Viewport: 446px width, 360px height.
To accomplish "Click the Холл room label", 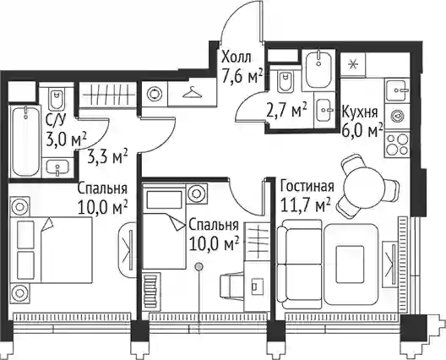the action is tap(237, 57).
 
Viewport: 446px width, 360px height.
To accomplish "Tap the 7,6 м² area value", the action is tap(242, 76).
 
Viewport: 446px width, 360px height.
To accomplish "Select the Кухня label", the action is tap(360, 112).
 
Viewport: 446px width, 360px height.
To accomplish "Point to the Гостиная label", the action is tap(307, 187).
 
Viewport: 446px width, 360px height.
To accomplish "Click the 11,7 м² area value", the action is tap(305, 205).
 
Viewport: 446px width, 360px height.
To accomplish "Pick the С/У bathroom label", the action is tap(56, 122).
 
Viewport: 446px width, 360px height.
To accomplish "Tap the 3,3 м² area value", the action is tap(107, 157).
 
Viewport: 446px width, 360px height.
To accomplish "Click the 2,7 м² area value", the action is tap(286, 110).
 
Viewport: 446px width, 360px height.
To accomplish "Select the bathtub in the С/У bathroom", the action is tap(26, 141).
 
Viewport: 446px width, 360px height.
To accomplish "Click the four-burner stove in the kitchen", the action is tap(397, 145).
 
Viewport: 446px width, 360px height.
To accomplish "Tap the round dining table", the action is tap(364, 188).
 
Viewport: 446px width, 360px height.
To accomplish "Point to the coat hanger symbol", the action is tap(192, 92).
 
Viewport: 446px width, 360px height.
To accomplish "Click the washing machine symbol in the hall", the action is tap(155, 94).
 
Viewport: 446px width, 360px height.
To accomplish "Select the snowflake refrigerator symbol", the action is tap(353, 64).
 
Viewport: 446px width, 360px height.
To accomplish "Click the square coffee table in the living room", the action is tap(350, 265).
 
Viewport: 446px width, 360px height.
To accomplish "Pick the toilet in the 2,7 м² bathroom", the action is tap(285, 83).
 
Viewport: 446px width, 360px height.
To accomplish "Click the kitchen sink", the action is tap(396, 90).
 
